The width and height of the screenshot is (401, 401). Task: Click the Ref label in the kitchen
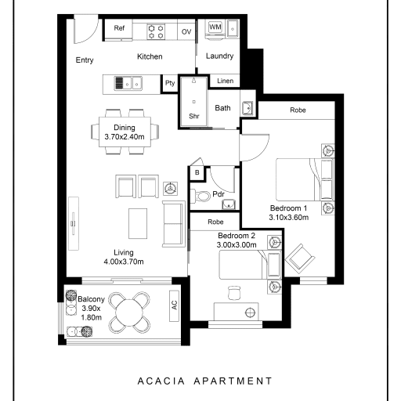pos(119,28)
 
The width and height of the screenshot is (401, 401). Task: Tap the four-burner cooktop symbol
pos(156,31)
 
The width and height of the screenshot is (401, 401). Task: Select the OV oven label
pos(186,32)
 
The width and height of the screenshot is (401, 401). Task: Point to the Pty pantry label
pos(170,83)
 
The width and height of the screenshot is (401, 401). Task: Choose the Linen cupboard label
pos(226,81)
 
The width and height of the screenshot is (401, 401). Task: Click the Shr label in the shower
pos(194,116)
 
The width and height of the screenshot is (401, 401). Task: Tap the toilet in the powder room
pos(200,197)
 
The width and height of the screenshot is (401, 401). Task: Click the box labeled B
pos(197,172)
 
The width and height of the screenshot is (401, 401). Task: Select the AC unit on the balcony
pos(174,306)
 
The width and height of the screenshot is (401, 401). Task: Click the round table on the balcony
pos(129,312)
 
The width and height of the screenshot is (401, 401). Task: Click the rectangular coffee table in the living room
pos(138,223)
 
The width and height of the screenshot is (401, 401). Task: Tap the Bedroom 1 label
pos(288,208)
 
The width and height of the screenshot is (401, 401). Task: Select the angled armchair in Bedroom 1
pos(300,258)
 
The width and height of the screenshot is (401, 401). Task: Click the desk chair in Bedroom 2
pos(234,293)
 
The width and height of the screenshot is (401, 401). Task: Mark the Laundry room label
pos(219,56)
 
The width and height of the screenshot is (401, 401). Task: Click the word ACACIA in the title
pos(161,381)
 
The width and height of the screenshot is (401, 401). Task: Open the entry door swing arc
pos(92,36)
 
